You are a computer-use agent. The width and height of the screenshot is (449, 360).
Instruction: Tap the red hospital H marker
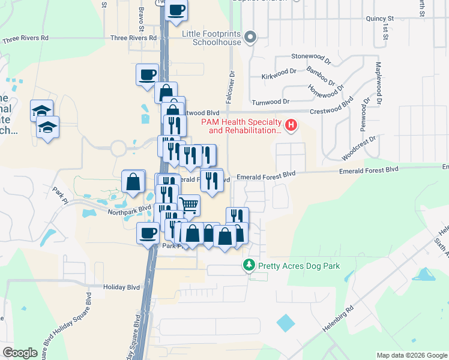pos(291,125)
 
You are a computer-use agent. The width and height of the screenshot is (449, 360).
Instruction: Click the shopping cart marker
pos(188,205)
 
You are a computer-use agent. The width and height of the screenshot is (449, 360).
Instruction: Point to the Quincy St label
pos(379,19)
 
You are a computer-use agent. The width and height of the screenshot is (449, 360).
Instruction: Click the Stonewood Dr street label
pos(311,58)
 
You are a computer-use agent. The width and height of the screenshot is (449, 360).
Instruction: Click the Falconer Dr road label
pos(231,86)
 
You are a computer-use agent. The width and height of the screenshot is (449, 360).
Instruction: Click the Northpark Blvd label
pos(128,210)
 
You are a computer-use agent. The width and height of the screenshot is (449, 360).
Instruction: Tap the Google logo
pos(20,353)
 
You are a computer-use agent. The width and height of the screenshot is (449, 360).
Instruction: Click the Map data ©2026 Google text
pos(411,355)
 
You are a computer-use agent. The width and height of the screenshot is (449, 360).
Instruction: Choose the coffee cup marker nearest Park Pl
pos(148,233)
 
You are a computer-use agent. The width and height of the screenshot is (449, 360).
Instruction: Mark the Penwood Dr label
pos(363,117)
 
